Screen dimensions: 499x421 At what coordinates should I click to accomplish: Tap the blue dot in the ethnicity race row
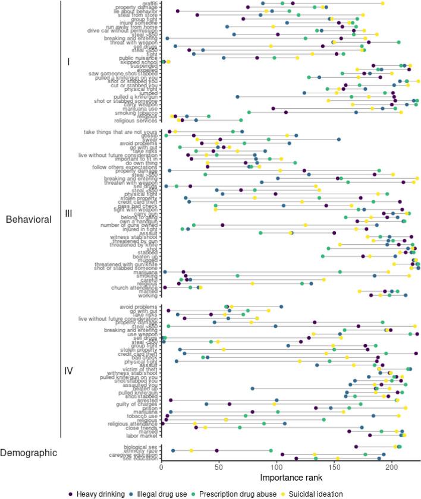click(x=173, y=450)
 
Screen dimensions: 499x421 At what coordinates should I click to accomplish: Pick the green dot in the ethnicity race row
click(x=271, y=450)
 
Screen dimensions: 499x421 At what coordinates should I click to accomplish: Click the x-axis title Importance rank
click(x=290, y=477)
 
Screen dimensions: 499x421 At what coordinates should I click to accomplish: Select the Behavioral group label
click(x=28, y=219)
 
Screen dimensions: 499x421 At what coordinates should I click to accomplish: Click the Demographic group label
click(x=29, y=453)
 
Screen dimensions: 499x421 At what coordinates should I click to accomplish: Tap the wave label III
click(x=68, y=213)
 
